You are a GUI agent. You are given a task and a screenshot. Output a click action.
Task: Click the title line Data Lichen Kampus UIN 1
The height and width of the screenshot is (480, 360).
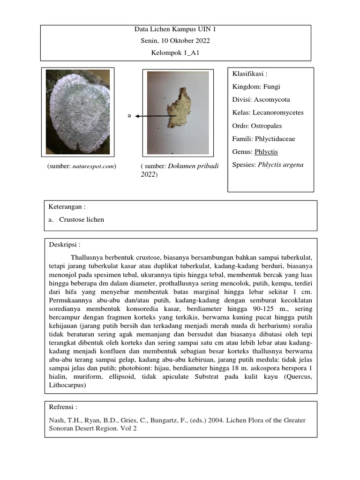coord(175,29)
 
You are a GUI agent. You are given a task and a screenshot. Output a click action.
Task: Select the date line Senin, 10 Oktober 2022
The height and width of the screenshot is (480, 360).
coord(175,41)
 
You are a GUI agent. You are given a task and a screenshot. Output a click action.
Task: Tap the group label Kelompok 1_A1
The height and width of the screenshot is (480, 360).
coord(175,53)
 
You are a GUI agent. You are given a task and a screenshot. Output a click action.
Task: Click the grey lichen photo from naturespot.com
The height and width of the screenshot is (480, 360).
coord(77,112)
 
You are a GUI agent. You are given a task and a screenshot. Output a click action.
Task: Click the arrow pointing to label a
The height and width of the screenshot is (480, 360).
coord(155,115)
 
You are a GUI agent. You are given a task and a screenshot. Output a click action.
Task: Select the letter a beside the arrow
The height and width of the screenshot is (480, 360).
coord(129,115)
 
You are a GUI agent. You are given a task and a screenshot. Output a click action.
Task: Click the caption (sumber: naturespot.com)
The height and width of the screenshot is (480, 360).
coord(82,166)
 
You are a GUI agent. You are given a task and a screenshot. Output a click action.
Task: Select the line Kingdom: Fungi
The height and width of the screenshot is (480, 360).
coord(256,87)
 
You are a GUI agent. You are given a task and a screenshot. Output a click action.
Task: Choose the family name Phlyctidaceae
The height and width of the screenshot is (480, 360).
coord(275,139)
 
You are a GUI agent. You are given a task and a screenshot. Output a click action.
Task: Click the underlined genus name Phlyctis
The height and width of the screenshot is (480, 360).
coord(266,152)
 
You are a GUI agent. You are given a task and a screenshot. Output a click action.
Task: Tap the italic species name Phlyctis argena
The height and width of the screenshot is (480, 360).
coord(280,165)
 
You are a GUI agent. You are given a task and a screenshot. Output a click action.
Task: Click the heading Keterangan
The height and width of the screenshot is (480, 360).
coord(67,207)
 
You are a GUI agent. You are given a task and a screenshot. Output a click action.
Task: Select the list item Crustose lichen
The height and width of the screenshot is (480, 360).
coord(82,219)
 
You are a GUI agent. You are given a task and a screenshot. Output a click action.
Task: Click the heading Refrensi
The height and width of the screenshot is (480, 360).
coord(63,407)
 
